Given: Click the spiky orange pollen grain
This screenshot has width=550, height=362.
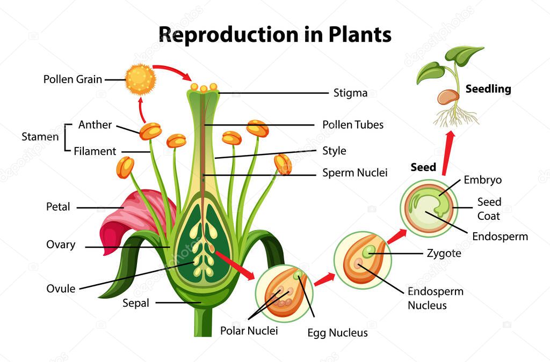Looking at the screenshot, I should click(141, 79).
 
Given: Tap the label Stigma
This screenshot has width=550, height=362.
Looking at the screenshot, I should click(350, 93).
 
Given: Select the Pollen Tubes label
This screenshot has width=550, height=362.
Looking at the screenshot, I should click(353, 124).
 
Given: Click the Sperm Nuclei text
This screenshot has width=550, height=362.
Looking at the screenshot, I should click(354, 173).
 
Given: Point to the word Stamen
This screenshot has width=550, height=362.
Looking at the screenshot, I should click(40, 137).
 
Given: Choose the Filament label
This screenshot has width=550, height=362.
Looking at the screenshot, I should click(95, 151).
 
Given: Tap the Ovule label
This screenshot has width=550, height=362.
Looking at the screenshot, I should click(61, 289).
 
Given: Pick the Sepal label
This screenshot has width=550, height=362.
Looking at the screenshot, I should click(135, 303).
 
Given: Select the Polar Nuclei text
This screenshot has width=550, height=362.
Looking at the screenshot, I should click(249, 330).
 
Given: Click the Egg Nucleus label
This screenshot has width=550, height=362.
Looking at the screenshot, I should click(337, 333).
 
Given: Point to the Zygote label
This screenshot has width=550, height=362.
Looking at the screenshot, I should click(443, 253).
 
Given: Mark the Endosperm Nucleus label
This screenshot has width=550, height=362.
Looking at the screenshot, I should click(435, 298).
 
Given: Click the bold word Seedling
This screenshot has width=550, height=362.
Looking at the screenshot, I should click(488, 89).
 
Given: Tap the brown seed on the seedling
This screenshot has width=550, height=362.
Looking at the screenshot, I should click(447, 97).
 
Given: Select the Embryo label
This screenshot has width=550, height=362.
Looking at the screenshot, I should click(482, 180).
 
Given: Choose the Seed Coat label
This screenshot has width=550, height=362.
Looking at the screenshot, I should click(489, 209).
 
